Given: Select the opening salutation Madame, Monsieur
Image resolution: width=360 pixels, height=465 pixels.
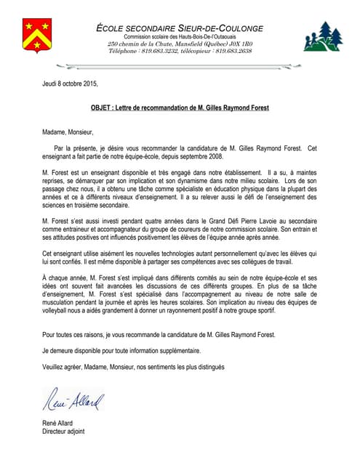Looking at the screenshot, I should click(x=68, y=132).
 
